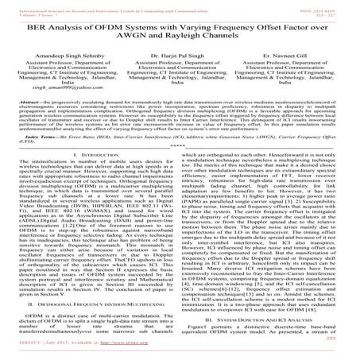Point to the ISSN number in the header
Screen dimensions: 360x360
coord(323,5)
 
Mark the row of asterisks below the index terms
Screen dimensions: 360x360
coord(180,170)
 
